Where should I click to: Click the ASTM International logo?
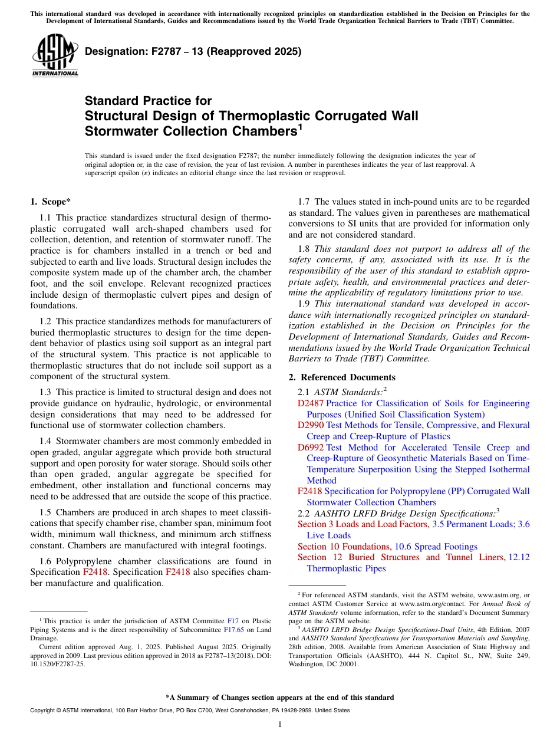click(x=55, y=55)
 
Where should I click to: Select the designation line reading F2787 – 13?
click(x=193, y=51)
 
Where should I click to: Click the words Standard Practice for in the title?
click(x=148, y=101)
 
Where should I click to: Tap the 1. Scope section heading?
click(x=51, y=202)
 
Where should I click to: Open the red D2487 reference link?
click(x=311, y=403)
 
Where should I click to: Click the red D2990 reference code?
click(x=311, y=425)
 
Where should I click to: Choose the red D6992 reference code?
click(x=311, y=448)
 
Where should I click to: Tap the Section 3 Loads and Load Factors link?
click(x=363, y=524)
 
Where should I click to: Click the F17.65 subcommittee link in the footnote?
click(x=235, y=629)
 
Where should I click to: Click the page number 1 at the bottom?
click(x=280, y=725)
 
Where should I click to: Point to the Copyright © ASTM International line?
click(x=189, y=710)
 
